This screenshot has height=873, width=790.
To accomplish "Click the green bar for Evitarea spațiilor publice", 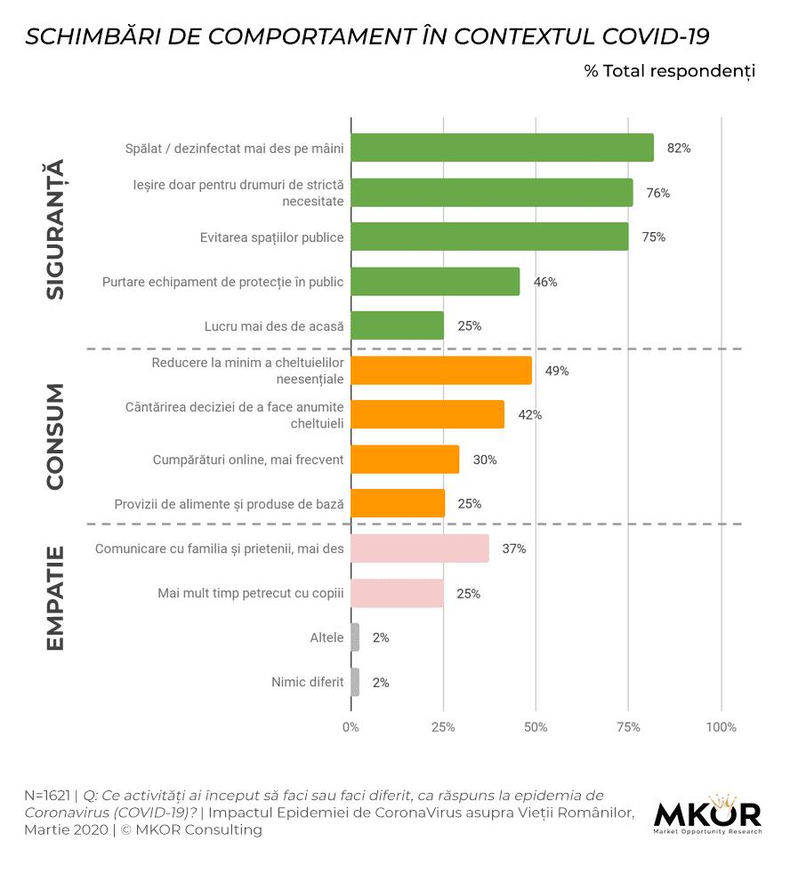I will pyautogui.click(x=489, y=237).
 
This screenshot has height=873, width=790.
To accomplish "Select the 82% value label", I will pyautogui.click(x=679, y=148).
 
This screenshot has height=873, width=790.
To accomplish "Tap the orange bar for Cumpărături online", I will pyautogui.click(x=405, y=460).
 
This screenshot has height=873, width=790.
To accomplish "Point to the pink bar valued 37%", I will pyautogui.click(x=420, y=549).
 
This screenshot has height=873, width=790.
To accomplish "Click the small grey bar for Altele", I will pyautogui.click(x=355, y=637).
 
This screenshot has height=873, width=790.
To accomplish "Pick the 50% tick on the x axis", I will pyautogui.click(x=536, y=727).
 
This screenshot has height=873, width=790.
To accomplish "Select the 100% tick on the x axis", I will pyautogui.click(x=721, y=727).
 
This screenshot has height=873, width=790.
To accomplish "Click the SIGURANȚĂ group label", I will pyautogui.click(x=55, y=229).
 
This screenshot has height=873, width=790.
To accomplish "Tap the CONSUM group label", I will pyautogui.click(x=55, y=436).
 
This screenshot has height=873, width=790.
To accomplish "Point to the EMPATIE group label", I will pyautogui.click(x=55, y=598).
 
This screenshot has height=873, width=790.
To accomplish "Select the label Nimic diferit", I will pyautogui.click(x=307, y=683).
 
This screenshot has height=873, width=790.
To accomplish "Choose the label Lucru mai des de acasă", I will pyautogui.click(x=274, y=326).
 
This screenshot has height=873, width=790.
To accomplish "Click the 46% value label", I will pyautogui.click(x=544, y=282).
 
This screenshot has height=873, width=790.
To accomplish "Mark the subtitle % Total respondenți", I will pyautogui.click(x=669, y=71).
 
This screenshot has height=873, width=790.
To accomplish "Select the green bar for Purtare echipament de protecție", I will pyautogui.click(x=435, y=282).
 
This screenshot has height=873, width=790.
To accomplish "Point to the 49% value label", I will pyautogui.click(x=556, y=371).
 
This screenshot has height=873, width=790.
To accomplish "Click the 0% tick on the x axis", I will pyautogui.click(x=351, y=727).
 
